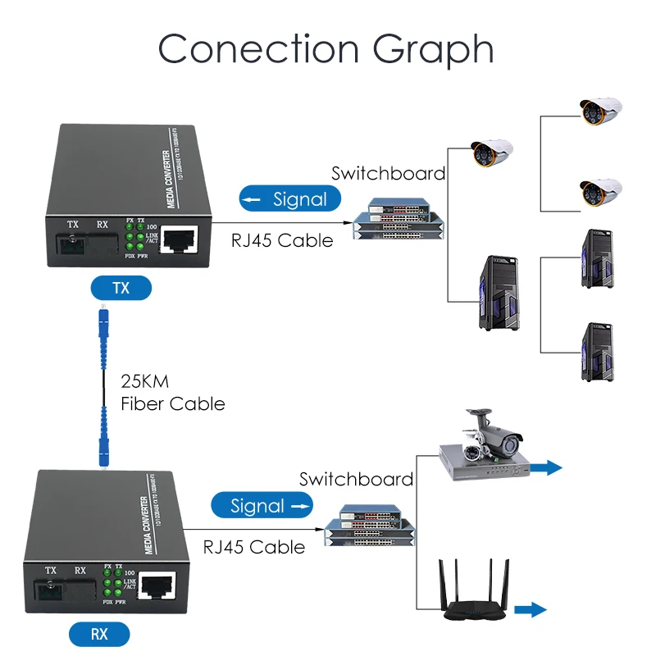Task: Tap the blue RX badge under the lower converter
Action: point(98,634)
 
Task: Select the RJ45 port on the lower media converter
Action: point(156,585)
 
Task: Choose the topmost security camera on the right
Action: point(601,112)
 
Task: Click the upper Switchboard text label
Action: point(388,173)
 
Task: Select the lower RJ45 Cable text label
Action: point(254,547)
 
